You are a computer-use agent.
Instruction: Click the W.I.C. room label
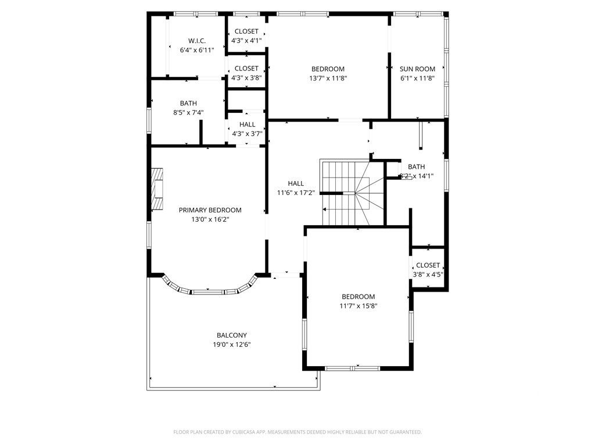point(196,41)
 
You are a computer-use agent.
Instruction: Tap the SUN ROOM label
point(417,69)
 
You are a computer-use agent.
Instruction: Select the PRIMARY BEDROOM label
point(210,210)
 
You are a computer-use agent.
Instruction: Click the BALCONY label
point(232,335)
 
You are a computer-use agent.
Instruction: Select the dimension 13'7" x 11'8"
point(328,78)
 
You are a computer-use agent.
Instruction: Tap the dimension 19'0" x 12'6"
point(232,345)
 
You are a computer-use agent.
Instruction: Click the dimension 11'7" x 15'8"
point(358,306)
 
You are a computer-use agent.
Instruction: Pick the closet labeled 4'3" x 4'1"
point(246,36)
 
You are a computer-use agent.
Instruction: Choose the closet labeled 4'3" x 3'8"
point(246,73)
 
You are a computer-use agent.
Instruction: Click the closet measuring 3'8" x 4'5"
point(428,270)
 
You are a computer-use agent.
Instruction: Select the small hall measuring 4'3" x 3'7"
point(247,129)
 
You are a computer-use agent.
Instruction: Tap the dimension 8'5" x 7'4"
point(188,113)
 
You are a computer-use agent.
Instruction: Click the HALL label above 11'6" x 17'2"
point(296,183)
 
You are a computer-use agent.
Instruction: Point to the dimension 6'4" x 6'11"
point(196,50)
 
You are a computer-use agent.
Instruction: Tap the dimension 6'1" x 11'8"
point(417,78)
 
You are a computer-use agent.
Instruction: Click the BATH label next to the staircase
point(416,166)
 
